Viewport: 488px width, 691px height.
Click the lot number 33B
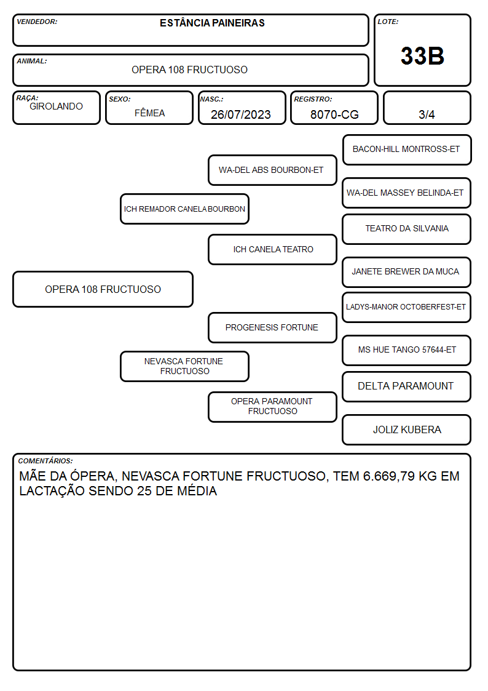tap(422, 56)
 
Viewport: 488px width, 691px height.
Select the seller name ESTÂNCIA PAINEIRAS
tap(212, 23)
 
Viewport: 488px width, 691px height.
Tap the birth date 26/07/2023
tap(241, 114)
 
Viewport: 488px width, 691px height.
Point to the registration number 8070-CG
tap(334, 114)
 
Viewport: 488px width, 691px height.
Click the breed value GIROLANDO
tap(56, 106)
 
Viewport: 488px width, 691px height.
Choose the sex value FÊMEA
tap(149, 113)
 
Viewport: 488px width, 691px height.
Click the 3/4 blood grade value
tap(427, 114)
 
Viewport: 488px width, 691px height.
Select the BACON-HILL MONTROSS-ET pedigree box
tap(407, 150)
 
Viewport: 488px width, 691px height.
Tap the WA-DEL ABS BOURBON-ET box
tap(272, 170)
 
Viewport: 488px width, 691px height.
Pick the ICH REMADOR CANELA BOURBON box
tap(184, 209)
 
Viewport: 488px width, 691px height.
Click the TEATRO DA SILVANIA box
tap(407, 229)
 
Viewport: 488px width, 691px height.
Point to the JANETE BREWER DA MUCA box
tap(407, 272)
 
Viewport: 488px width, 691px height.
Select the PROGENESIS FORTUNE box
tap(272, 327)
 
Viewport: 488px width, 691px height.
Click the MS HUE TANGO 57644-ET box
tap(407, 350)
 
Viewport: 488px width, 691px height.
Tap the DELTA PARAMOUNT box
tap(407, 386)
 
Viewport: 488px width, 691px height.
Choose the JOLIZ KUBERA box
tap(407, 429)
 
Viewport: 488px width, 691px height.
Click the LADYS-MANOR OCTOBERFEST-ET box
tap(407, 307)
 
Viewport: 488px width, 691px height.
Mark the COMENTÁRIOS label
tap(45, 461)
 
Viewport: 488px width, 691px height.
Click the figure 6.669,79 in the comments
tap(389, 476)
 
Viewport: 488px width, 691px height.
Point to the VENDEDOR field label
tap(37, 22)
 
